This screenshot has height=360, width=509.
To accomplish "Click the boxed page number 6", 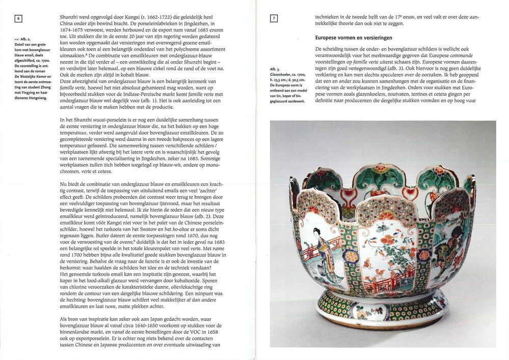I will pyautogui.click(x=18, y=20).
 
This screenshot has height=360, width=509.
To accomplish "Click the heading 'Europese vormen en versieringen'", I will pyautogui.click(x=354, y=38).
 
